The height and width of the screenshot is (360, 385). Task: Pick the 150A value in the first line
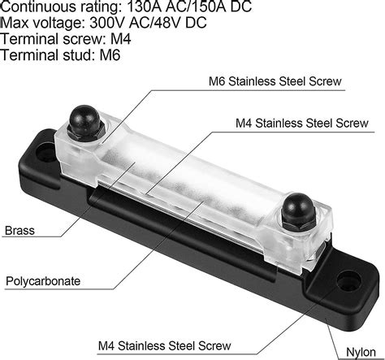pyautogui.click(x=215, y=7)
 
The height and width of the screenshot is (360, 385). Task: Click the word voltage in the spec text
pyautogui.click(x=59, y=23)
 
